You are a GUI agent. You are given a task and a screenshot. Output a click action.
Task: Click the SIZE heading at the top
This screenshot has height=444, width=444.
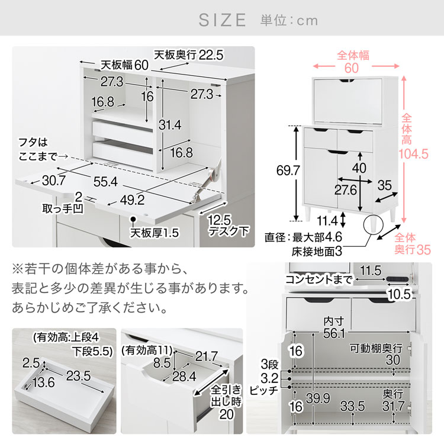pyautogui.click(x=222, y=20)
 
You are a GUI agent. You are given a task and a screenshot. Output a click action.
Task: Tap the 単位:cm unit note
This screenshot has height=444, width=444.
pyautogui.click(x=289, y=21)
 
